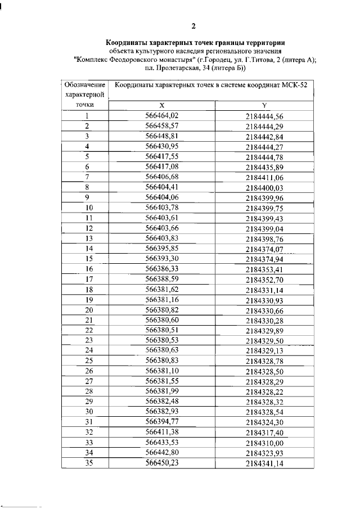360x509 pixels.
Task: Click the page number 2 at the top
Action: [193, 26]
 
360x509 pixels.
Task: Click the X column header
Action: [161, 106]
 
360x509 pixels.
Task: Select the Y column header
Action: [264, 106]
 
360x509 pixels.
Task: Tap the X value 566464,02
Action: [161, 115]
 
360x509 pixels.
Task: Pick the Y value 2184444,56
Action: [264, 116]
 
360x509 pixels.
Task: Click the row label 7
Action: [88, 177]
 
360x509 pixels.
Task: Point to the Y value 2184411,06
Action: [264, 178]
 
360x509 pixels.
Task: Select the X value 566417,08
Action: [161, 166]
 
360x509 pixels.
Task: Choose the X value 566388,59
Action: [161, 278]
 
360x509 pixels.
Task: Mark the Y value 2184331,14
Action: [264, 290]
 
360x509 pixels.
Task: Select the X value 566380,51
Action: [161, 330]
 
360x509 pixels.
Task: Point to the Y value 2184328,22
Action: [264, 392]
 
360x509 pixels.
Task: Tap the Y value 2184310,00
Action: [264, 443]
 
